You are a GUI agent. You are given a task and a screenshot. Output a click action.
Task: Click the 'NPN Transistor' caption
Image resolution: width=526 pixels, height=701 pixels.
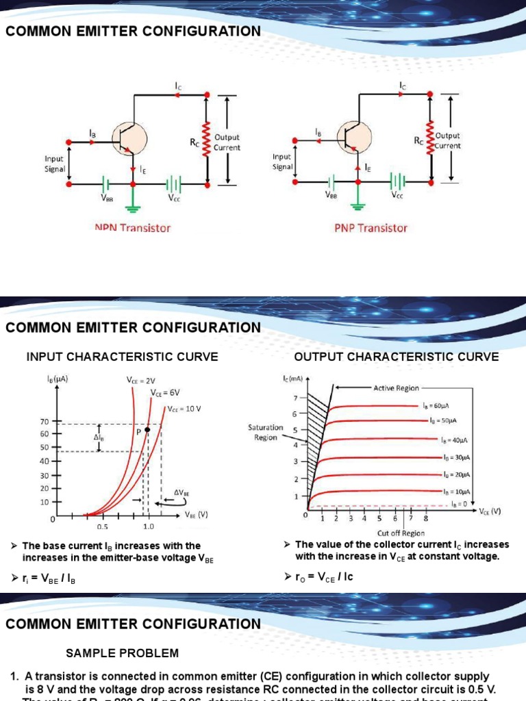click(x=132, y=228)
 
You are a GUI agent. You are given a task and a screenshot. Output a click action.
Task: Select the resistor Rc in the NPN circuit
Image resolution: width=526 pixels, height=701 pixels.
click(x=205, y=141)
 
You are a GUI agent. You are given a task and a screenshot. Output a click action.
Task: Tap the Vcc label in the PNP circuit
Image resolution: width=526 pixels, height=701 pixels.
click(x=398, y=194)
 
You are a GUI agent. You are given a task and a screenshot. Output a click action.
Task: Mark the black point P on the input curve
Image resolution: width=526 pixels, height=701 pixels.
click(x=147, y=430)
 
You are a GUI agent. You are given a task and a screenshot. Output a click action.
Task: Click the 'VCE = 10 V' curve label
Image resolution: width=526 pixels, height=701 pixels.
click(x=184, y=409)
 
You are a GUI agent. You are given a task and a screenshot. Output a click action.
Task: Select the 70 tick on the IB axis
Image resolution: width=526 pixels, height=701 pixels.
click(x=45, y=422)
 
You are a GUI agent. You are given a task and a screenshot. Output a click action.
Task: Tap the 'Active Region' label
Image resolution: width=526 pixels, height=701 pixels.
click(x=396, y=388)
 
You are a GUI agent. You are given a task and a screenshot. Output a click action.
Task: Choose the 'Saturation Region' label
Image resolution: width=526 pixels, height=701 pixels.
click(x=266, y=433)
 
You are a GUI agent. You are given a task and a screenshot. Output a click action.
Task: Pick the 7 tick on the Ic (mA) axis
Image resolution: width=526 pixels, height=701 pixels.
click(x=296, y=398)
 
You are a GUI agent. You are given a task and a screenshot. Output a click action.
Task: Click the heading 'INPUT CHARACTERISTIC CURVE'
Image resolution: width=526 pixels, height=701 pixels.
click(x=122, y=357)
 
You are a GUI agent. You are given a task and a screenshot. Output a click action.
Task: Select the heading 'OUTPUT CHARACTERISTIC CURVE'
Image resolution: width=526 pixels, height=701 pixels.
click(x=397, y=357)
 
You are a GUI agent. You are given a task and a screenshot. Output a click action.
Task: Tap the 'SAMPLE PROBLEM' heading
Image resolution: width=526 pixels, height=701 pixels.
click(x=122, y=653)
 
